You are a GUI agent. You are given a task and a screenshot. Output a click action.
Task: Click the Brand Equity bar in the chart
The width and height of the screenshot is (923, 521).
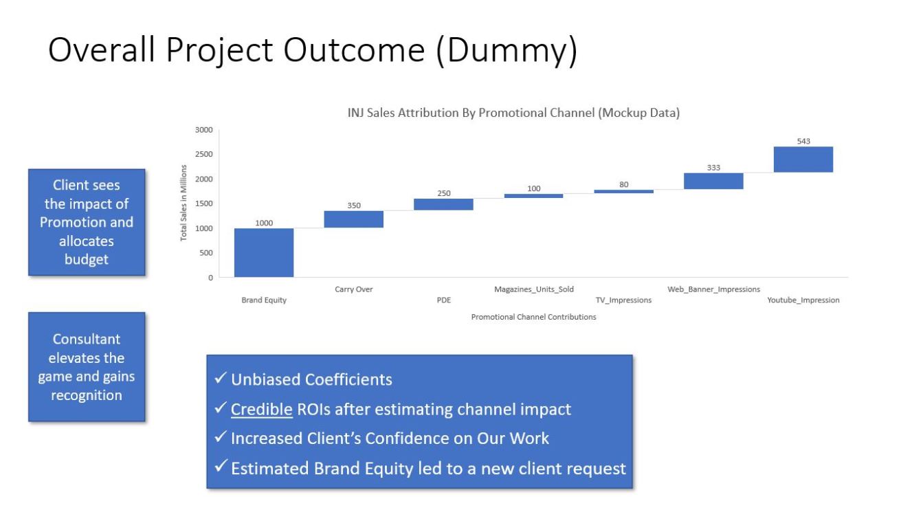264,253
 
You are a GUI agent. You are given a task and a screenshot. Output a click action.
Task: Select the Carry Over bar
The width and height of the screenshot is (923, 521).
353,219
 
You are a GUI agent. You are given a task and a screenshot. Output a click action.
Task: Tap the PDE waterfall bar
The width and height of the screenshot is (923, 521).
443,204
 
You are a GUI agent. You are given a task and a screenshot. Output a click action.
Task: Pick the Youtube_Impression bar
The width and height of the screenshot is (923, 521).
803,159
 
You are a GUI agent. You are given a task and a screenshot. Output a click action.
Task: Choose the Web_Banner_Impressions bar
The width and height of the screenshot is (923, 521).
713,181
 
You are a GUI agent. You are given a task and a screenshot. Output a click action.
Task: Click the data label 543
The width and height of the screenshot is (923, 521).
803,141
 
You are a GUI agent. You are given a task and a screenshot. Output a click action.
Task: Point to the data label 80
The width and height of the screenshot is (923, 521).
624,184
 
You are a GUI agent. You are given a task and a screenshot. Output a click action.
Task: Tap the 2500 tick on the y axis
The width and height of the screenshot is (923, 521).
204,154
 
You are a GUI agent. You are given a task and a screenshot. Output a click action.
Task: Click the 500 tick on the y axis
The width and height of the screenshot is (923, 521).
206,253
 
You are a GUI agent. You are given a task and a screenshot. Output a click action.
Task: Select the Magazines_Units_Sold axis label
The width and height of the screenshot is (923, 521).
533,289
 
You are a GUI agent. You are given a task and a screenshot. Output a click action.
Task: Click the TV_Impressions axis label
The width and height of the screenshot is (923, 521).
623,300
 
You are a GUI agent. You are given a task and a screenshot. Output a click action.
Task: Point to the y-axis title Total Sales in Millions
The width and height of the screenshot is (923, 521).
184,203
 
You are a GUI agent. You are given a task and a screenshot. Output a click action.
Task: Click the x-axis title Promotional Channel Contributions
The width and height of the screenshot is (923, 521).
533,317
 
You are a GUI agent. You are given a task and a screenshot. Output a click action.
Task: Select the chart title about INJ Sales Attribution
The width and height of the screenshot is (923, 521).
513,113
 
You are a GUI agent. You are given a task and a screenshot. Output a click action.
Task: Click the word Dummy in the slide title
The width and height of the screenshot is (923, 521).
507,50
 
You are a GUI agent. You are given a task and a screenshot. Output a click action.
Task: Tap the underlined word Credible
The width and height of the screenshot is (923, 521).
262,409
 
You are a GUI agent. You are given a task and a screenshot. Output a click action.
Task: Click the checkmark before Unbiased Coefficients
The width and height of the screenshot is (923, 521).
221,377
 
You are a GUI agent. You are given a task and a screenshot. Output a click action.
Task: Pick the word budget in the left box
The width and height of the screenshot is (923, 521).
87,260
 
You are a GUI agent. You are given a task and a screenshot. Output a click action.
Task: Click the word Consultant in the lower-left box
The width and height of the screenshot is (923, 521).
87,339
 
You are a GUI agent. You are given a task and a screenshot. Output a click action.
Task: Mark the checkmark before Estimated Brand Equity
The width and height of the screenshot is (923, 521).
221,466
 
